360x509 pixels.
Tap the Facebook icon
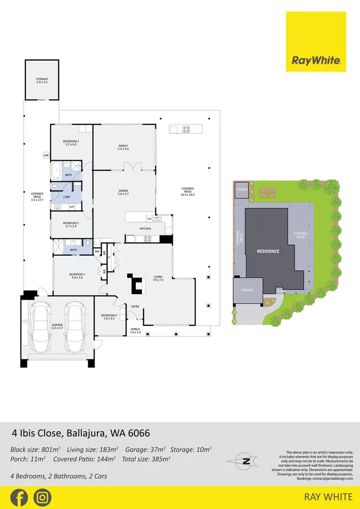(19, 497)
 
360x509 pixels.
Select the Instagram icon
(43, 497)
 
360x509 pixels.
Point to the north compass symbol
(246, 462)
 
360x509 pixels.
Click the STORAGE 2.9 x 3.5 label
(42, 81)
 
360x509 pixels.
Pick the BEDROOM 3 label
(71, 142)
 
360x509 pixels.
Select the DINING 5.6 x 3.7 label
(123, 192)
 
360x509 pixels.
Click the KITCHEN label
(145, 229)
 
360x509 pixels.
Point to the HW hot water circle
(46, 155)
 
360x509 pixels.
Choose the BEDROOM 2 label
(71, 225)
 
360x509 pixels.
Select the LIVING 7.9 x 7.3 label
(158, 278)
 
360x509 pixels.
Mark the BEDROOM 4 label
(108, 317)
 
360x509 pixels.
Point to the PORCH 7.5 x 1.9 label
(136, 331)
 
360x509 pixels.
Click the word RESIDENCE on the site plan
(268, 251)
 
